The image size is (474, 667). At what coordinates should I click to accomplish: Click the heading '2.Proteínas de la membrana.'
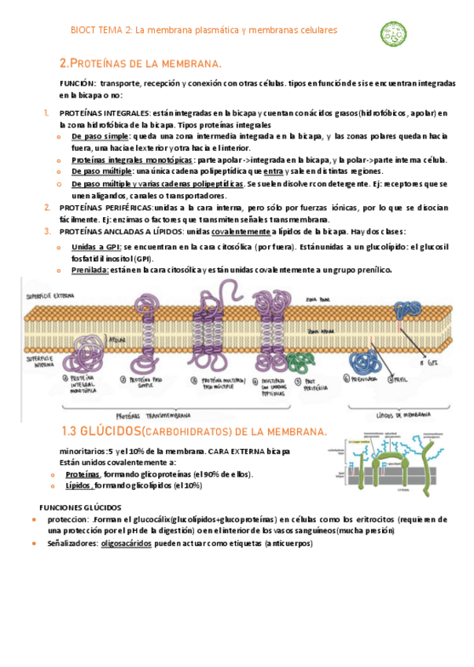coord(141,63)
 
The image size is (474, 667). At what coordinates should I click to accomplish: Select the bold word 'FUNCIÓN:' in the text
coord(78,83)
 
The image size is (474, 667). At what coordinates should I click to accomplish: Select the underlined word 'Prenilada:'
coord(90,270)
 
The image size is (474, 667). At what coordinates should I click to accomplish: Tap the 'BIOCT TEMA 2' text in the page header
coord(98,30)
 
